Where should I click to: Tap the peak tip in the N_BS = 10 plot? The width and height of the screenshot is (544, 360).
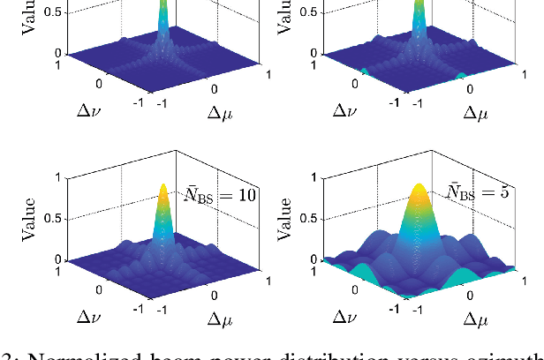pos(163,186)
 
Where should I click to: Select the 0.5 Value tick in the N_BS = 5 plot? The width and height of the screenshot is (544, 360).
pos(308,219)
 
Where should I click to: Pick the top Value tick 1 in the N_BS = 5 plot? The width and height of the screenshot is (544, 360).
pos(314,177)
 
